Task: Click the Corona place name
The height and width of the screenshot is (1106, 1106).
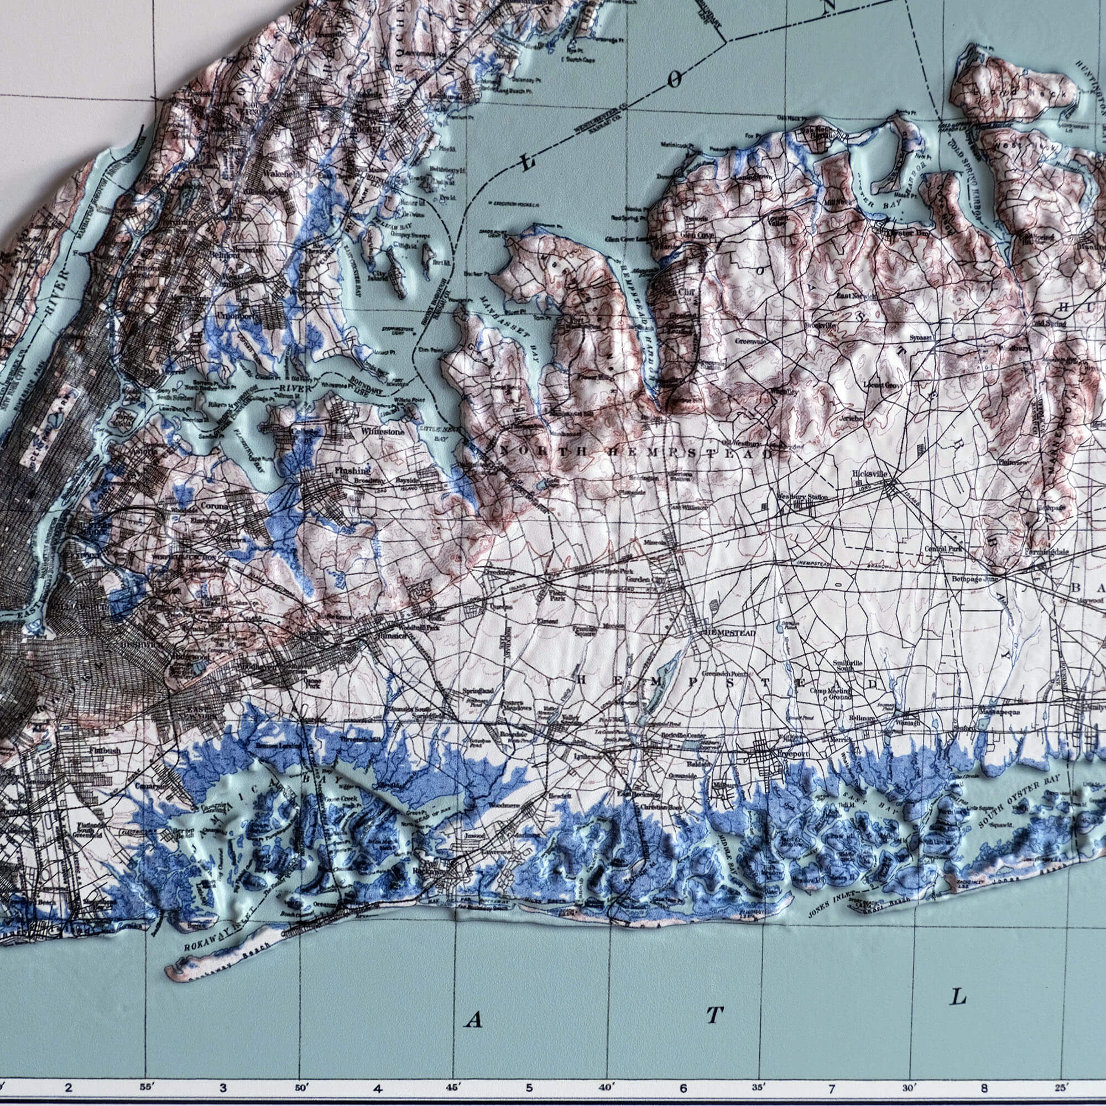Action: [x=215, y=507]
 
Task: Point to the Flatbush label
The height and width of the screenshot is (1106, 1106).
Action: [x=104, y=749]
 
